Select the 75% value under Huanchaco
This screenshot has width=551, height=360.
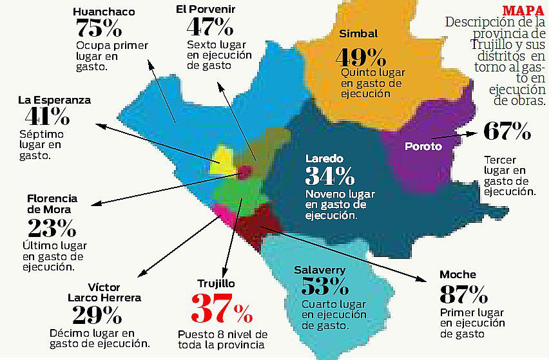click(99, 28)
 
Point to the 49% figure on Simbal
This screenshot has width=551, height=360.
click(360, 57)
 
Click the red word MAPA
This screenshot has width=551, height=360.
click(523, 10)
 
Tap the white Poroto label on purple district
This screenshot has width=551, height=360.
click(423, 146)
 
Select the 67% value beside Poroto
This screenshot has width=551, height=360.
click(507, 132)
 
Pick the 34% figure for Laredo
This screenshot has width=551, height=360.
click(329, 176)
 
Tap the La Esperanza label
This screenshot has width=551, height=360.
click(54, 100)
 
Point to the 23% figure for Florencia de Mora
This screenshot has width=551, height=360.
click(52, 227)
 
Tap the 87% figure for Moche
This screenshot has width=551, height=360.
click(463, 294)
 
